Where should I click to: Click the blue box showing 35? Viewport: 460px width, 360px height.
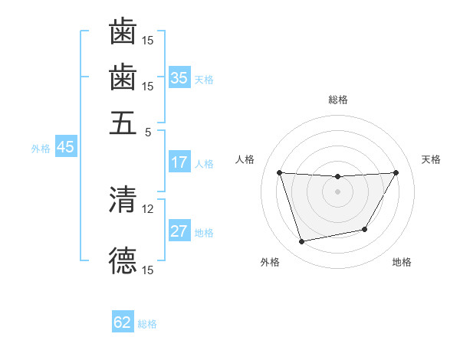tap(179, 77)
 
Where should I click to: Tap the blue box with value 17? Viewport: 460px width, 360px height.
tap(179, 162)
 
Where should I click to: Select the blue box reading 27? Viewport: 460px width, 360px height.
tap(179, 232)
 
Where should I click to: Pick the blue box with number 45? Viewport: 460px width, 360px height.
tap(65, 147)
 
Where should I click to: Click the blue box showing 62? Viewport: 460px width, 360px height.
tap(123, 322)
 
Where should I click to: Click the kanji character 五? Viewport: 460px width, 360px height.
tap(123, 122)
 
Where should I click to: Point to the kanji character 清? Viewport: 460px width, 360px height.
tap(123, 201)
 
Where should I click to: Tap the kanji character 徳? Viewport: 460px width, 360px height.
tap(123, 260)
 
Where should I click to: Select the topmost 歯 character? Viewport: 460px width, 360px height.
tap(123, 32)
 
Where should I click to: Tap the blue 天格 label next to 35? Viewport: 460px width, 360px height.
tap(204, 79)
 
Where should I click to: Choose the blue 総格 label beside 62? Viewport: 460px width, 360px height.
tap(147, 324)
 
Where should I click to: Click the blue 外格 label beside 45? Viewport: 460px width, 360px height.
tap(41, 149)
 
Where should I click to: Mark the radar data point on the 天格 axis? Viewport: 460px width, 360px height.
tap(396, 172)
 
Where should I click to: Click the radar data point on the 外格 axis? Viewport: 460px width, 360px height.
tap(301, 242)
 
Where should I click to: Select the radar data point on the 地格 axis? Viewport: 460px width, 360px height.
tap(365, 229)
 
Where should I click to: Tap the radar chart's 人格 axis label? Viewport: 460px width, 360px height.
tap(245, 159)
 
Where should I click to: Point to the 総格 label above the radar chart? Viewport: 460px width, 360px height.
tap(338, 100)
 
